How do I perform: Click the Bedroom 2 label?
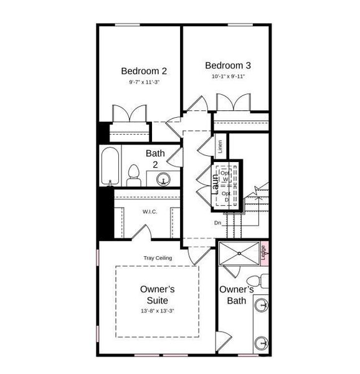pyautogui.click(x=143, y=71)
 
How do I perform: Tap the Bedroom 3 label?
pyautogui.click(x=229, y=65)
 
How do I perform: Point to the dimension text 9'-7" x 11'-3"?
pyautogui.click(x=143, y=82)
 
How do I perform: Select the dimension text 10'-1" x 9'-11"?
pyautogui.click(x=229, y=77)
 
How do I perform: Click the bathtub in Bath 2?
pyautogui.click(x=111, y=166)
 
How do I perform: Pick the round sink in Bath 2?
pyautogui.click(x=164, y=180)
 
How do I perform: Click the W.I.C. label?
pyautogui.click(x=149, y=212)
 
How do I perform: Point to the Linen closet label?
pyautogui.click(x=220, y=147)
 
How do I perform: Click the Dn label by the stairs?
pyautogui.click(x=217, y=223)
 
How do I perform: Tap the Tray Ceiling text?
pyautogui.click(x=158, y=258)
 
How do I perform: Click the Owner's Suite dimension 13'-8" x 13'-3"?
pyautogui.click(x=157, y=310)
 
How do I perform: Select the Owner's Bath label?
pyautogui.click(x=237, y=295)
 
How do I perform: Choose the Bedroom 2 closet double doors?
pyautogui.click(x=128, y=114)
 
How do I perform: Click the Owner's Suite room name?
pyautogui.click(x=157, y=295)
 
